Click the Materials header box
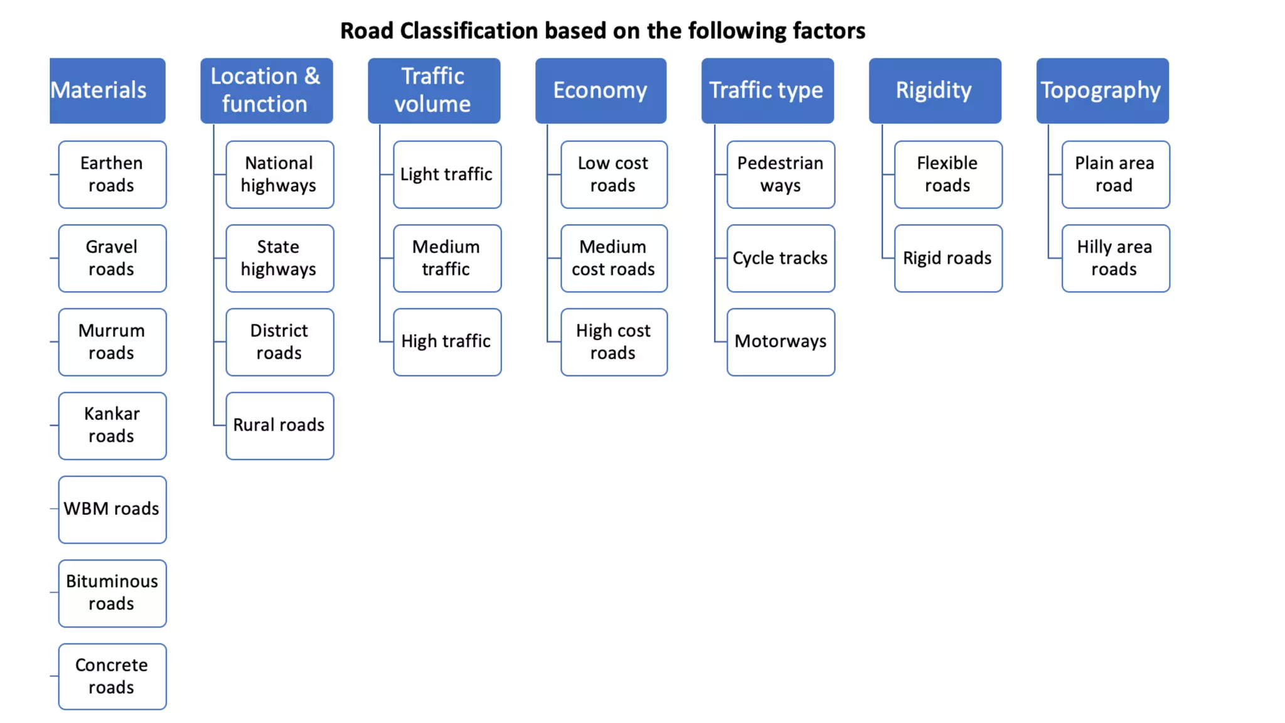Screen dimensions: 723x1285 107,90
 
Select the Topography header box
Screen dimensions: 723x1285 1102,90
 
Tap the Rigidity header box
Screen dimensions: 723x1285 934,90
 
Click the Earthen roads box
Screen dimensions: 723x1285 112,174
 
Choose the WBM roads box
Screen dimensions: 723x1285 112,509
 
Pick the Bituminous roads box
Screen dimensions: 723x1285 112,593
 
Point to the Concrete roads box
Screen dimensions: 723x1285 112,677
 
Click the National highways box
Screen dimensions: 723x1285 279,174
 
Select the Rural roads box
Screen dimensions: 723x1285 279,426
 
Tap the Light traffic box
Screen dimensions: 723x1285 447,174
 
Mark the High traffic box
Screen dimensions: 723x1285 447,342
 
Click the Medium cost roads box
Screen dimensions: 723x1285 614,258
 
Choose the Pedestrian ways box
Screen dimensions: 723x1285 781,174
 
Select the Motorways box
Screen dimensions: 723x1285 781,342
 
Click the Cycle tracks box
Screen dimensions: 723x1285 781,258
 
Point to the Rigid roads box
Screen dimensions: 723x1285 947,258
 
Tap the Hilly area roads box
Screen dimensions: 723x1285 1115,258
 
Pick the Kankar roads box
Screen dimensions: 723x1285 112,426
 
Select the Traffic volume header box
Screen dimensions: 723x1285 434,90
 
